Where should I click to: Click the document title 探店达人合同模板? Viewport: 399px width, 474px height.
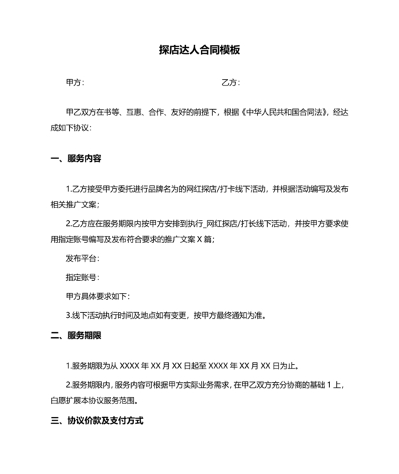tap(199, 51)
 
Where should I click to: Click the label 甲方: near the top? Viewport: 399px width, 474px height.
tap(74, 83)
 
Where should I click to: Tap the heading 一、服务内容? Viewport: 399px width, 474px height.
tap(76, 158)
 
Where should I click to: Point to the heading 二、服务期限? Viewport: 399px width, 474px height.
tap(76, 335)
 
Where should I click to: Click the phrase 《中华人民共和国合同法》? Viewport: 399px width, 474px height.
tap(284, 113)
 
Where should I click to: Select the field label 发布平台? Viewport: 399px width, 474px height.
tap(82, 259)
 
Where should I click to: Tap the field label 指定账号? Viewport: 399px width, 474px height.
tap(82, 277)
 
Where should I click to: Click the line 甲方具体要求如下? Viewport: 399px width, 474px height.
tap(97, 296)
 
